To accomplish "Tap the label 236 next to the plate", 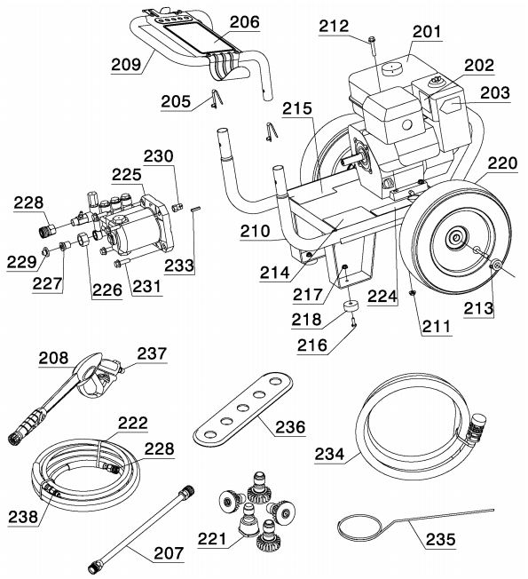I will pos(289,426).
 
